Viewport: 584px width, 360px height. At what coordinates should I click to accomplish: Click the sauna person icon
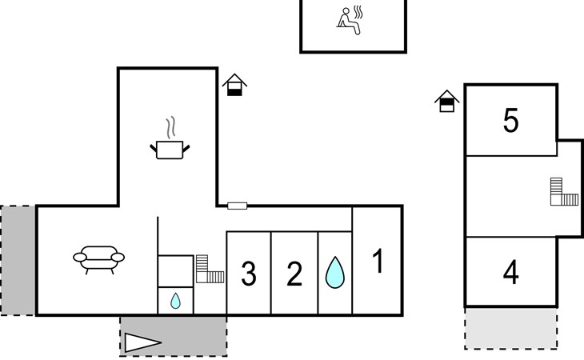tap(350, 21)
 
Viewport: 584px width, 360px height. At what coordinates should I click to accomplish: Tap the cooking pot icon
tap(170, 150)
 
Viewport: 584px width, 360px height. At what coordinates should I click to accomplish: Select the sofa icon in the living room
tap(98, 259)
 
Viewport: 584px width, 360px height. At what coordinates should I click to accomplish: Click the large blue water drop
tap(335, 273)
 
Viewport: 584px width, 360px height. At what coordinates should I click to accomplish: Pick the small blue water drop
tap(175, 301)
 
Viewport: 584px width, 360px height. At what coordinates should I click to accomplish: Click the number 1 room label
tap(378, 261)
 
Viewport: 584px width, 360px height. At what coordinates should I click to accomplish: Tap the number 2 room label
tap(294, 274)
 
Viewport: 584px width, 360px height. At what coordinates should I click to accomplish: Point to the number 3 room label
tap(249, 274)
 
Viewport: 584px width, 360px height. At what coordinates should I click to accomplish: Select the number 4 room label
tap(510, 272)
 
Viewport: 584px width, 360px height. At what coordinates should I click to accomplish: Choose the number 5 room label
tap(510, 120)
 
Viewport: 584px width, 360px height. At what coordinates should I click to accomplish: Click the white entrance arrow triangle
tap(142, 342)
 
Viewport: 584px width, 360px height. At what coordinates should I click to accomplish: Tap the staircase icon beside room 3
tap(209, 269)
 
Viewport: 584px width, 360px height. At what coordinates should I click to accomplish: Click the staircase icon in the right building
tap(564, 192)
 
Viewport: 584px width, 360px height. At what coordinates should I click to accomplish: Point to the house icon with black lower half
tap(234, 85)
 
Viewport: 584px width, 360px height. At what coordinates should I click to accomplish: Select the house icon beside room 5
tap(446, 101)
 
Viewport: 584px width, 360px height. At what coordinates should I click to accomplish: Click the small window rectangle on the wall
tap(238, 206)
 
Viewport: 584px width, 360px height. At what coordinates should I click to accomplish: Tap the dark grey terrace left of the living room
tap(18, 261)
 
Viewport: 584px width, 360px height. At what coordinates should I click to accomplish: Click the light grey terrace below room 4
tap(510, 328)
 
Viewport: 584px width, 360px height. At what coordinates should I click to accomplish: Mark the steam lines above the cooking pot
tap(170, 127)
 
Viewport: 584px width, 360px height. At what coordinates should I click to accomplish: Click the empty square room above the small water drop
tap(175, 271)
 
